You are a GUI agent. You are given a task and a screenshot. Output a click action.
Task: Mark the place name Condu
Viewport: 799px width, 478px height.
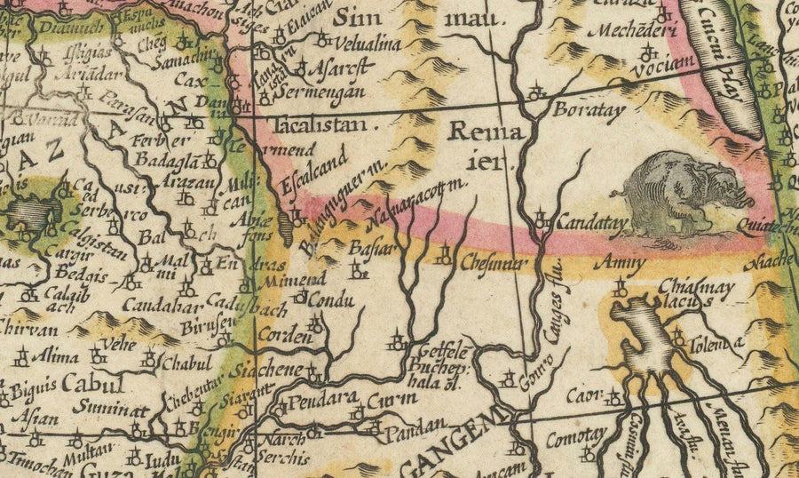(336, 300)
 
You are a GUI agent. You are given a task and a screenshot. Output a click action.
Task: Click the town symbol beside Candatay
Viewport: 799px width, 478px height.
(542, 217)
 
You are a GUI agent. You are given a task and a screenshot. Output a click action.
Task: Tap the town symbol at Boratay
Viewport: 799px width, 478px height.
(534, 92)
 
